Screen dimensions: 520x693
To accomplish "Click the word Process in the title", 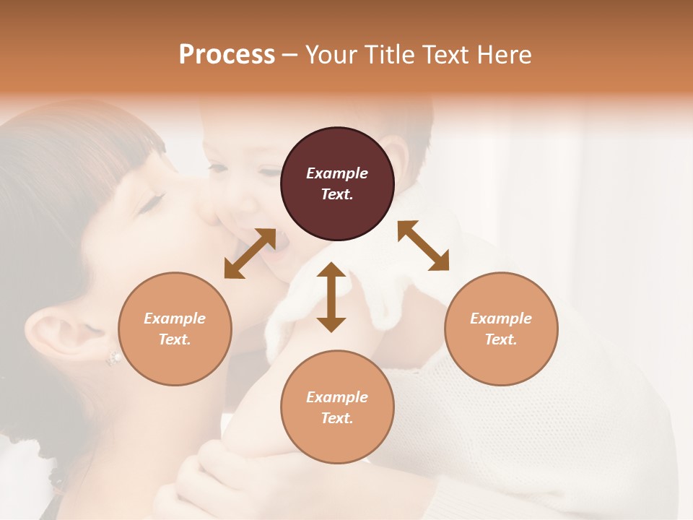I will (227, 55).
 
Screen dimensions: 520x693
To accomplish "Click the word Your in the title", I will (334, 55).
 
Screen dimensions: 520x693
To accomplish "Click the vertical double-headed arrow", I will (331, 297).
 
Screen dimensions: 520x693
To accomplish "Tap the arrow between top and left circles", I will (250, 253).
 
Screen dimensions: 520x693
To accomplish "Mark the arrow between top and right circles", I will (424, 246).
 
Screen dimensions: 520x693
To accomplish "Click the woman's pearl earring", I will (113, 356).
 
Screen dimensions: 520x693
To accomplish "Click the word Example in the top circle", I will (337, 173).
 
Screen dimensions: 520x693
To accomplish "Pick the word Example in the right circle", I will (501, 318).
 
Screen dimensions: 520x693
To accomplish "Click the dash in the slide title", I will (290, 56).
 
